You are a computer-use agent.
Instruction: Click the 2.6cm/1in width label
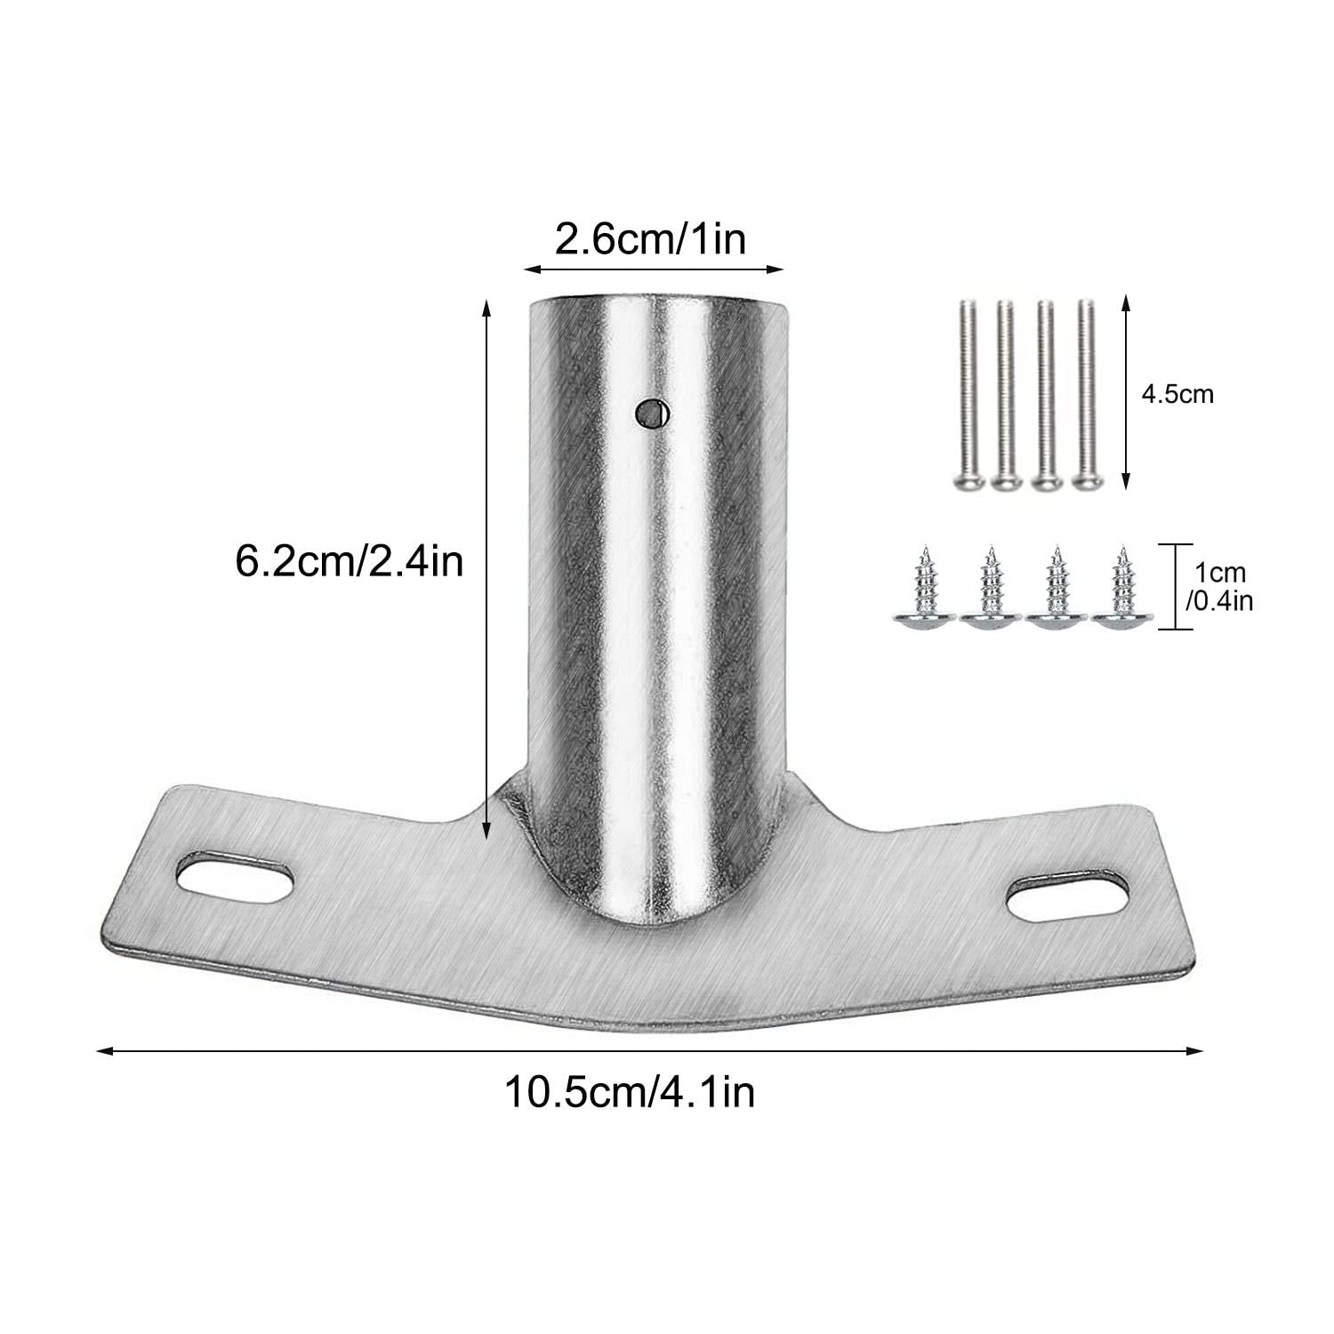[650, 239]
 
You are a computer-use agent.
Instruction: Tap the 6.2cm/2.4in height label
[350, 561]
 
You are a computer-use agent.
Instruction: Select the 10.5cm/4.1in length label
[630, 1091]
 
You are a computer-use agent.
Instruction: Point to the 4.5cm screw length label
[1177, 394]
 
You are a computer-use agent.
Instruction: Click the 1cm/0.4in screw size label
[1219, 587]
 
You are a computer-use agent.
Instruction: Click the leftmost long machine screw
[968, 394]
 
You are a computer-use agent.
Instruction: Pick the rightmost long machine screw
[1085, 394]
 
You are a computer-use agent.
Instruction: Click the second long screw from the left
[1006, 394]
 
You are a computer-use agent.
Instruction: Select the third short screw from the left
[1056, 591]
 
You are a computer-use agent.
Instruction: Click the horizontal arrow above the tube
[654, 268]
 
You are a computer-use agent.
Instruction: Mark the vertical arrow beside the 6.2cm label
[486, 569]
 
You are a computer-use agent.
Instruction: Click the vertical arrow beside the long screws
[1126, 393]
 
